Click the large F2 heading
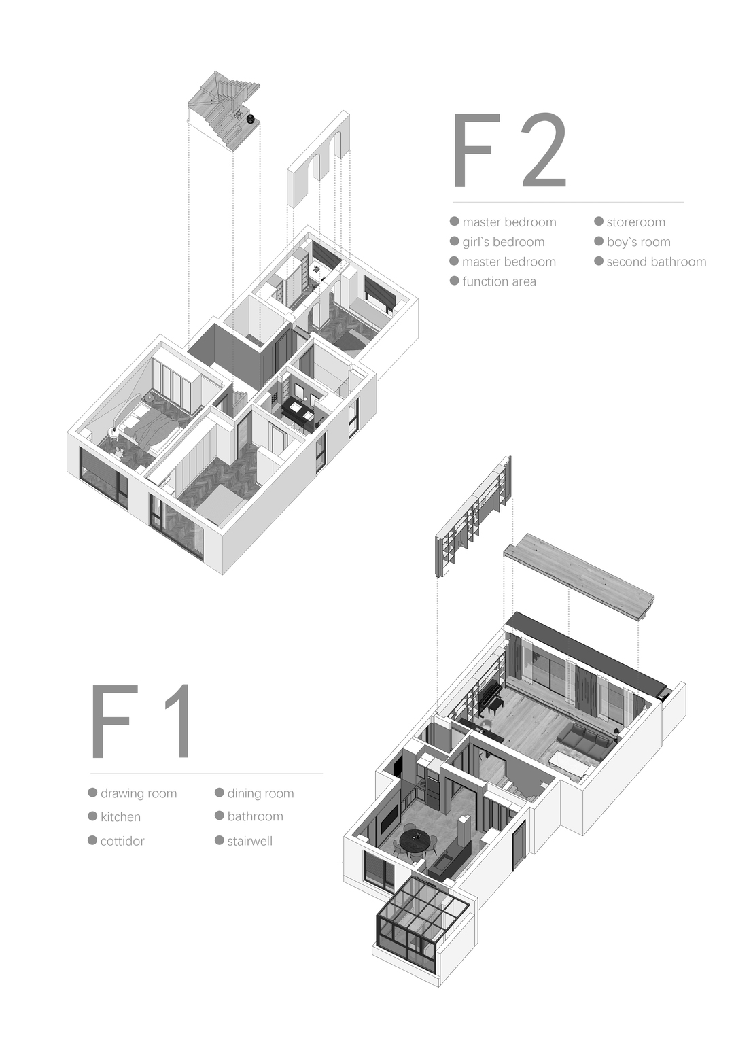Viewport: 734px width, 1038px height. (x=510, y=150)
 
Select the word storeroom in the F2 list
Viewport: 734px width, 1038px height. (x=635, y=222)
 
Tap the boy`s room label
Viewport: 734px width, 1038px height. (x=639, y=242)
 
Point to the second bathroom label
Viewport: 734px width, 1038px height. (x=656, y=262)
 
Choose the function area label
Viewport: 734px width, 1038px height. (x=499, y=281)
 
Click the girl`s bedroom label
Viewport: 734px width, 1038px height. (x=503, y=242)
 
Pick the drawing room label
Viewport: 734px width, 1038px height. (x=139, y=793)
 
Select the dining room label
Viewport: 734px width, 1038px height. (x=260, y=793)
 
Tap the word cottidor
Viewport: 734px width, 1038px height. (x=122, y=841)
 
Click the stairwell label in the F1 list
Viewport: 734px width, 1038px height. (x=250, y=841)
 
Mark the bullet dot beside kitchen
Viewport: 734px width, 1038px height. (x=92, y=816)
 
